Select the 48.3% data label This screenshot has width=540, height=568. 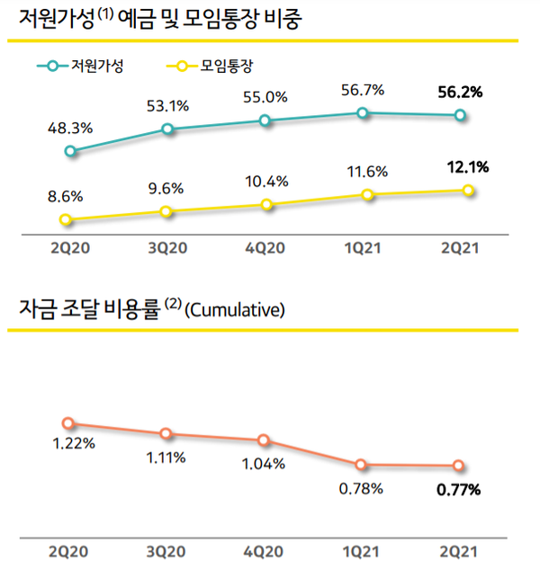click(x=70, y=129)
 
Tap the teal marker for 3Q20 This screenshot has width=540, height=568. click(x=166, y=129)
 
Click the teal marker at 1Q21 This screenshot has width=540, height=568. click(x=362, y=112)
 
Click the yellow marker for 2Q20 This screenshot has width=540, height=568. click(x=65, y=220)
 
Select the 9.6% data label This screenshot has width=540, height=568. click(x=166, y=189)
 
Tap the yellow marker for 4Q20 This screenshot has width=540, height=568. click(x=265, y=205)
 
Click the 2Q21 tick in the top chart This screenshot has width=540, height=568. click(x=459, y=249)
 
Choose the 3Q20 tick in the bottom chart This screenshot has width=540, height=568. click(x=166, y=550)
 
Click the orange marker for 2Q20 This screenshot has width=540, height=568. click(x=67, y=423)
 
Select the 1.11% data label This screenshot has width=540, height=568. click(x=166, y=457)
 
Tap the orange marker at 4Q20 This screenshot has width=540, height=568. click(x=264, y=440)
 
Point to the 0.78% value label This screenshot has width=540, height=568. click(x=362, y=489)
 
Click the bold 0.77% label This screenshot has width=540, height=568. click(x=459, y=490)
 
